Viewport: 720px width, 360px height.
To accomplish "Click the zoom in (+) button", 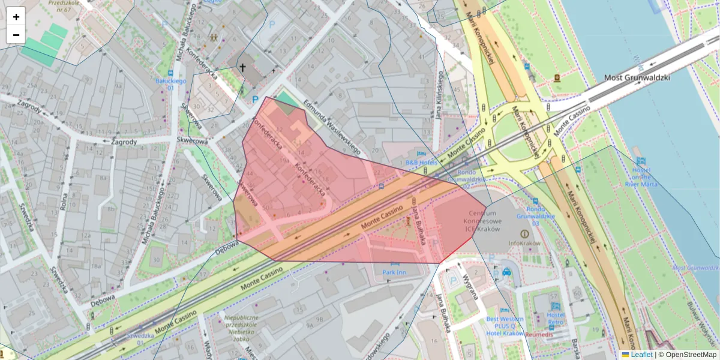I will (16, 17).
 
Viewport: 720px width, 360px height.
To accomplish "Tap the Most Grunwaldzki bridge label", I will (636, 77).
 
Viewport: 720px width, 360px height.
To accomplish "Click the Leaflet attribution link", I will (641, 355).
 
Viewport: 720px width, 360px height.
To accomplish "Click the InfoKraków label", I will (524, 244).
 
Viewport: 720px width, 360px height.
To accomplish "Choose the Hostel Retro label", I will (556, 319).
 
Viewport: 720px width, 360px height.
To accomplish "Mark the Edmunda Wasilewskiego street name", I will (331, 126).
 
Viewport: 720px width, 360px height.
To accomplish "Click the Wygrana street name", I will (470, 287).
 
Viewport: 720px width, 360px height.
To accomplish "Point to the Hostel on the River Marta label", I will (641, 176).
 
